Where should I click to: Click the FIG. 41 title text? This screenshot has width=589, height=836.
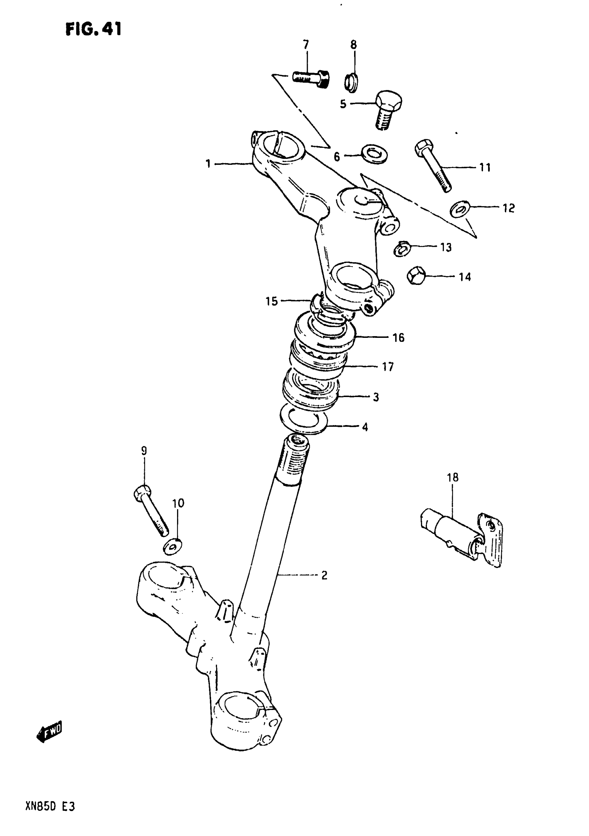[93, 29]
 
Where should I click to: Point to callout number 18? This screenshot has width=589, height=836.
[453, 477]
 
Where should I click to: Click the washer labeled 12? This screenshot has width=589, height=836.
[460, 209]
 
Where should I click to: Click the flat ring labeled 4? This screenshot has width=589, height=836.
[304, 421]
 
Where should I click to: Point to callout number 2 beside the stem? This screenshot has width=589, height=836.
[324, 576]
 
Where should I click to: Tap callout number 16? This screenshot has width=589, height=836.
[398, 338]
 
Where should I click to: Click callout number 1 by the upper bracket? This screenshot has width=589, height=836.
[208, 164]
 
